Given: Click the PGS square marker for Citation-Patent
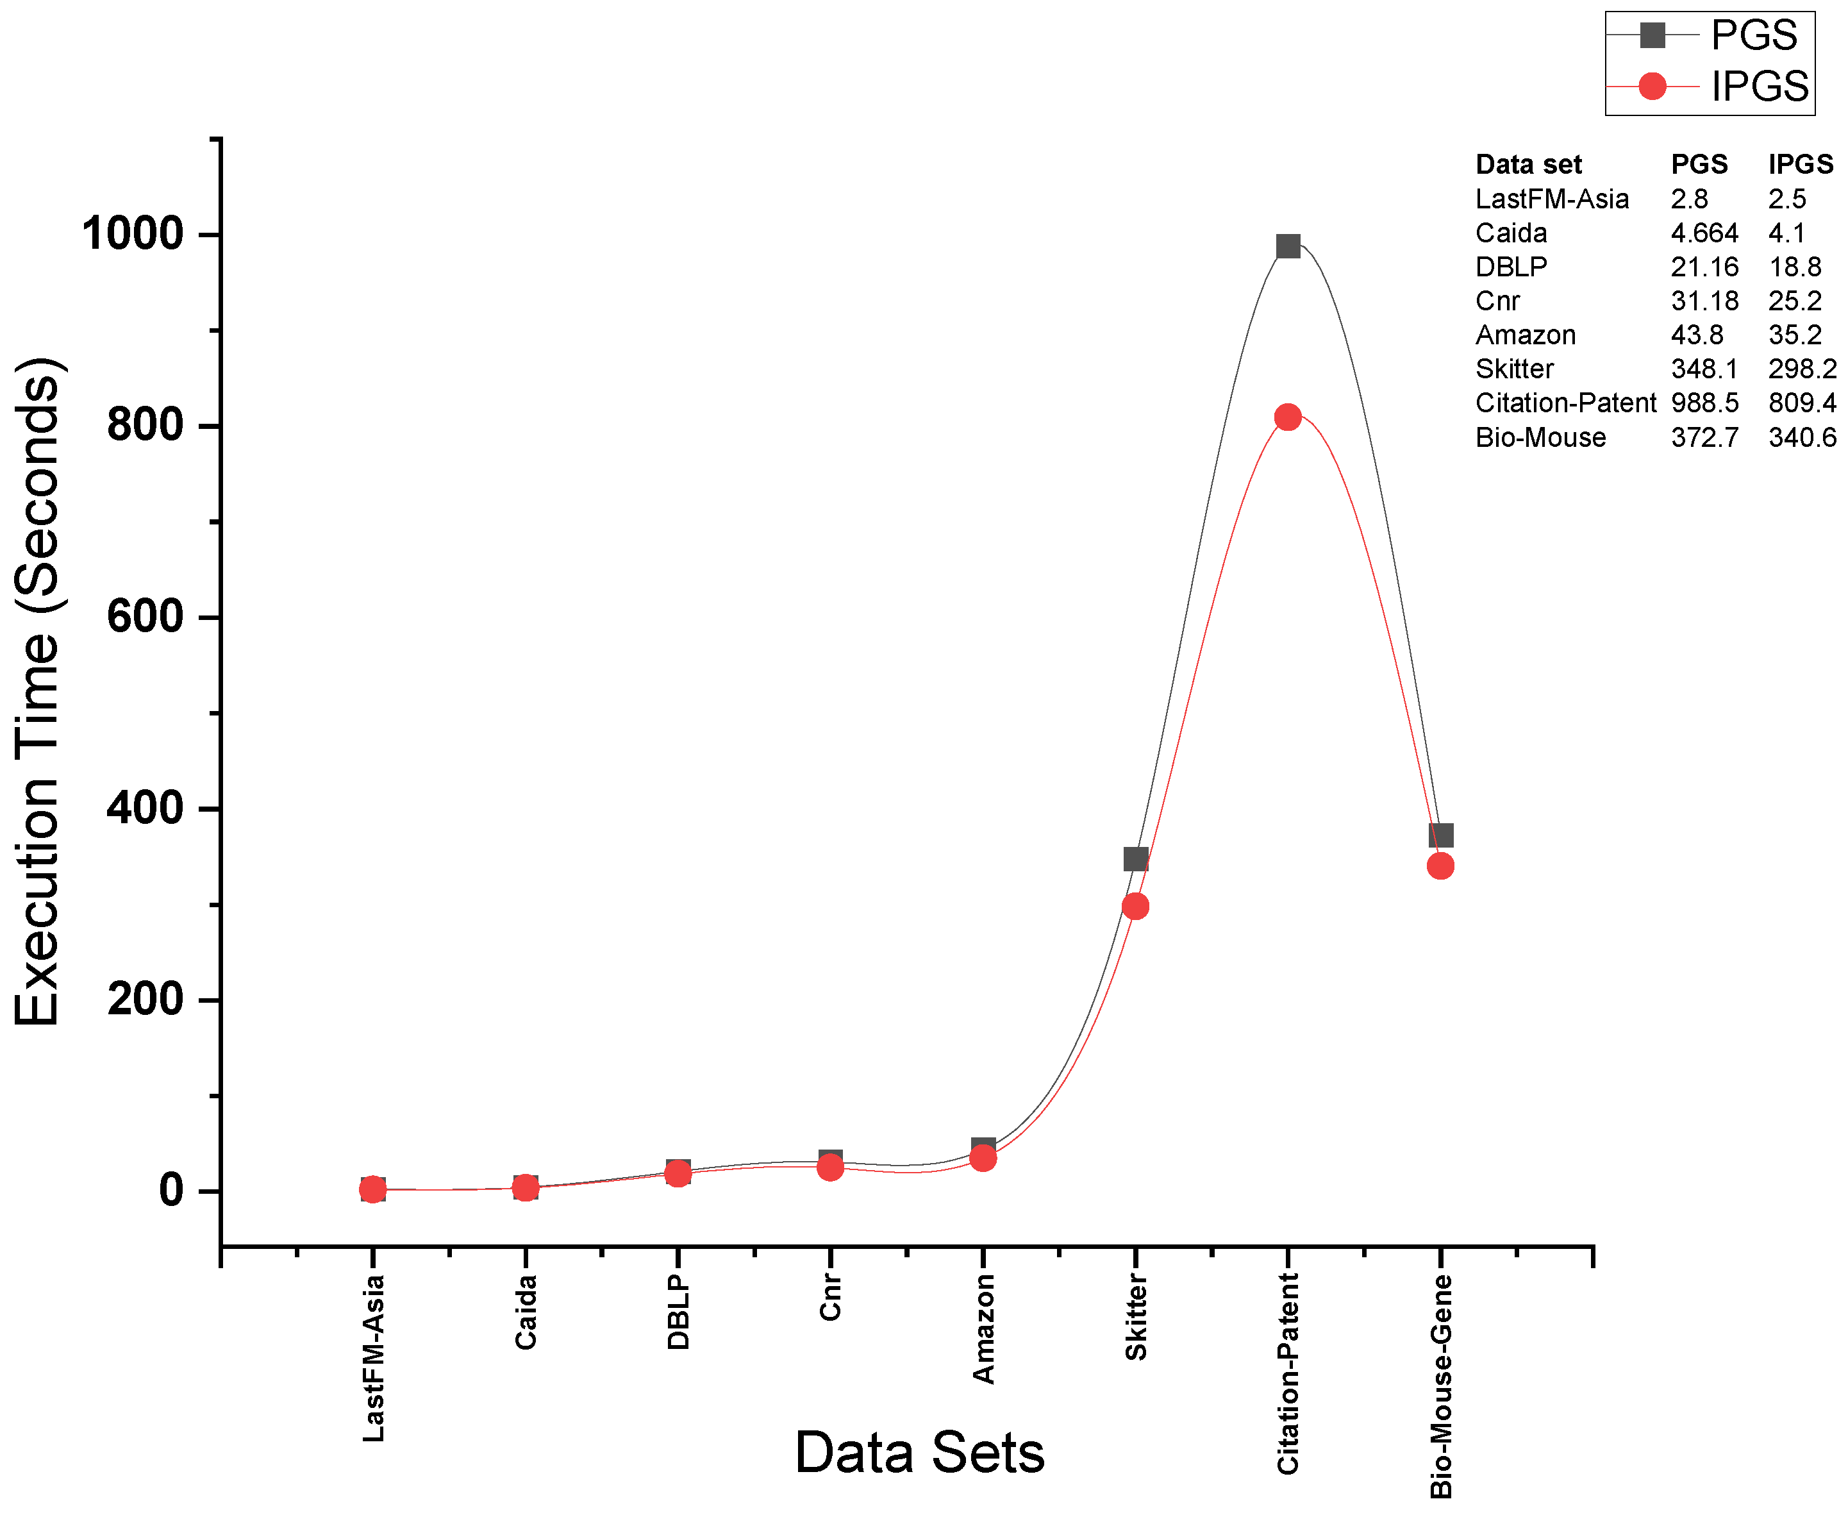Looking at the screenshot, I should click(x=1287, y=246).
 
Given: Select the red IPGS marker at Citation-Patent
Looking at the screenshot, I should click(x=1287, y=417).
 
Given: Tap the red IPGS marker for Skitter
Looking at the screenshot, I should click(x=1135, y=906).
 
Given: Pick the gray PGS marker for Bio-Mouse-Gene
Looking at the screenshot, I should click(x=1440, y=835).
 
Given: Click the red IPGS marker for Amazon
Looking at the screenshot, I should click(x=983, y=1158).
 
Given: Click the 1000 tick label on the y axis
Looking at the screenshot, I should click(x=133, y=234).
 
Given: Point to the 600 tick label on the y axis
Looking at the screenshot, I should click(x=145, y=617).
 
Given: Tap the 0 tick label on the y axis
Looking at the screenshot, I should click(x=171, y=1191).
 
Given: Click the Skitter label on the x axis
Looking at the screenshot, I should click(x=1135, y=1317).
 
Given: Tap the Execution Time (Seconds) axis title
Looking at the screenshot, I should click(x=37, y=691).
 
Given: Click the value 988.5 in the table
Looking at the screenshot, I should click(x=1703, y=403).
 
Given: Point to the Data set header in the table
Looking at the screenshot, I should click(x=1528, y=164).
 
